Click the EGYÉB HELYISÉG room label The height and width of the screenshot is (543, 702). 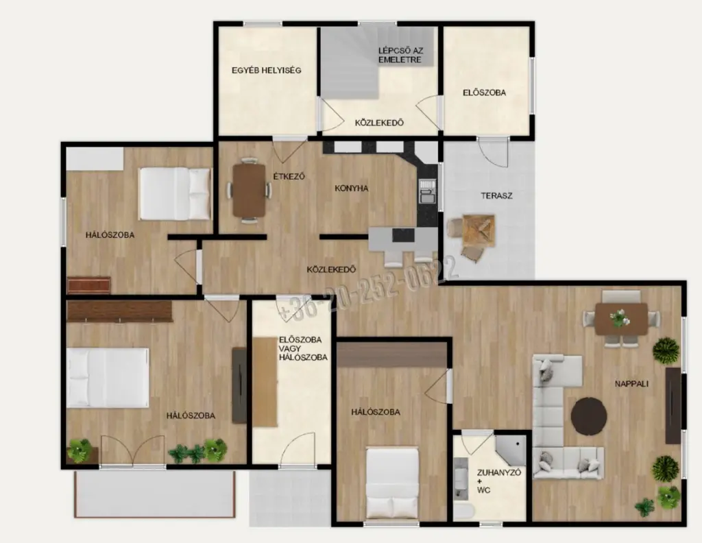point(267,71)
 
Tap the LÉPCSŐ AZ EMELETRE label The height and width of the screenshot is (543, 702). point(400,55)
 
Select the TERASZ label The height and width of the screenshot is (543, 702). point(496,195)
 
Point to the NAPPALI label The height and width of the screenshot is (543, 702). point(631,384)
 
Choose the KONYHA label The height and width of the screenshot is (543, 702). point(352,189)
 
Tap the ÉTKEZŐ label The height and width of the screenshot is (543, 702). point(289,176)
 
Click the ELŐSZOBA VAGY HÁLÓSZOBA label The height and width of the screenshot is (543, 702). point(303,348)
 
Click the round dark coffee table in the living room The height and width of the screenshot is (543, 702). point(589,416)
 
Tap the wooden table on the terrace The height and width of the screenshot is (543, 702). point(479,230)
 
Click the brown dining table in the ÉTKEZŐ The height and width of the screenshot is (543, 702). point(250,190)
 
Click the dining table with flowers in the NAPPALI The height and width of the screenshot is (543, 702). point(621,318)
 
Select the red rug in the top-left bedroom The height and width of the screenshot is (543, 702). point(88,285)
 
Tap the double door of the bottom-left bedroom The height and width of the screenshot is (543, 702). point(133,451)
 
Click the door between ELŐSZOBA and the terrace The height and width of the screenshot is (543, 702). point(492,152)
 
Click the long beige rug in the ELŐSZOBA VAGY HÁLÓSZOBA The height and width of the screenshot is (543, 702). point(265,382)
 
